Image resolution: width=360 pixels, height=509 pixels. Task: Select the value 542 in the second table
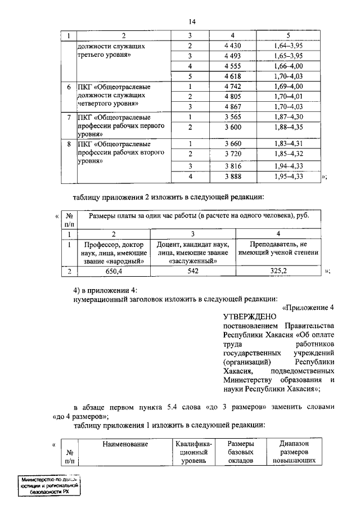(x=192, y=271)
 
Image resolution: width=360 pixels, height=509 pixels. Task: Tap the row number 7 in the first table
(x=69, y=118)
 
